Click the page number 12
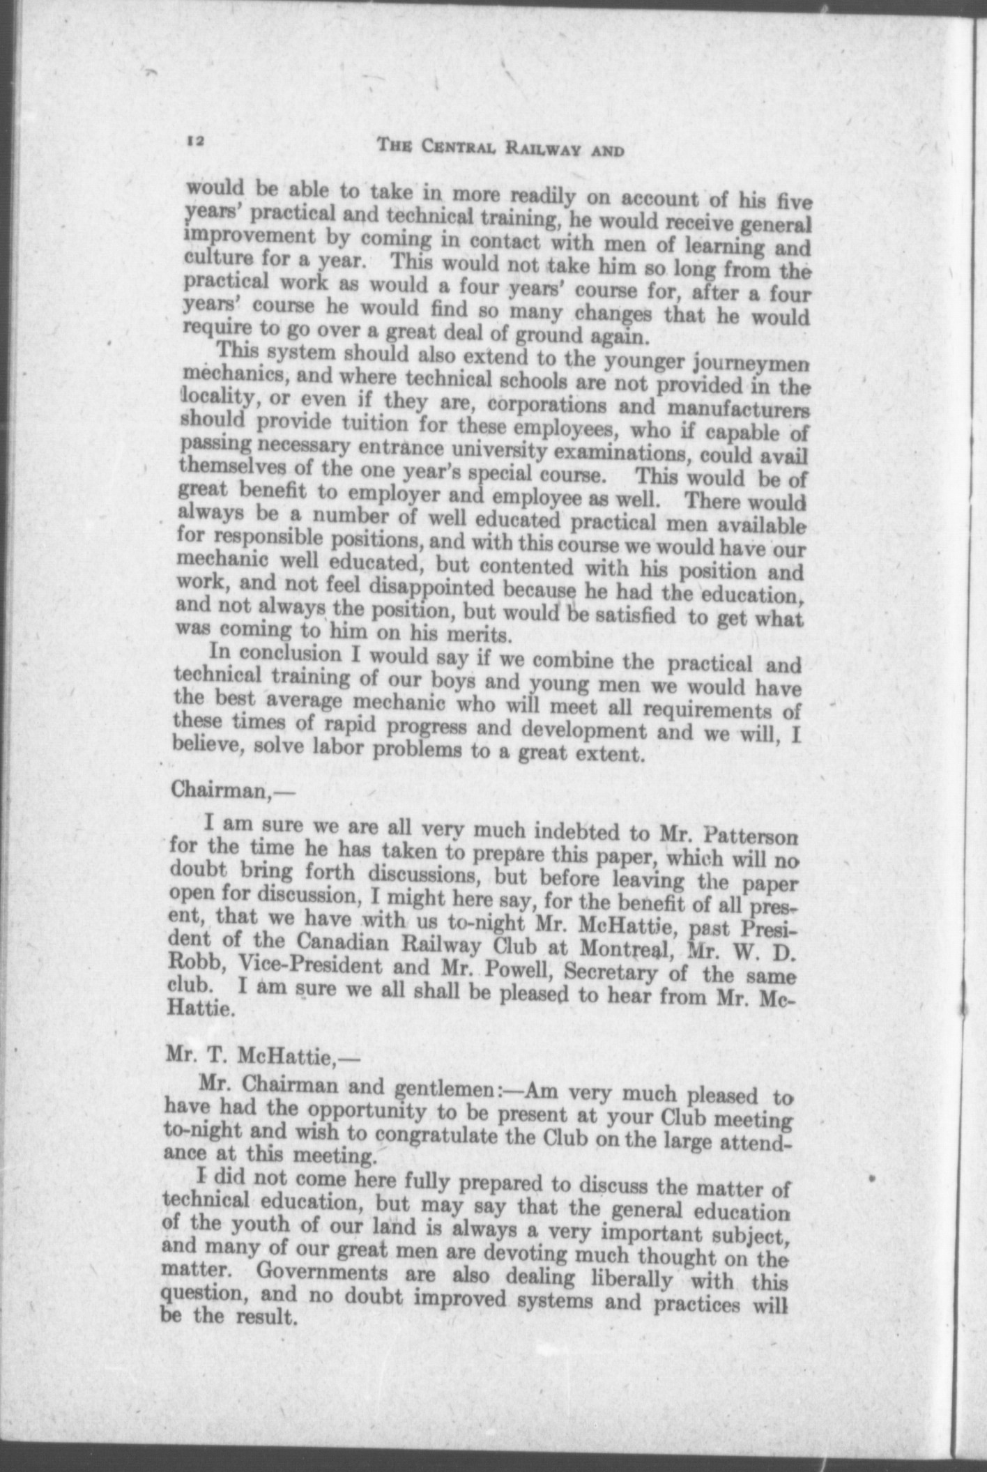click(x=194, y=141)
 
